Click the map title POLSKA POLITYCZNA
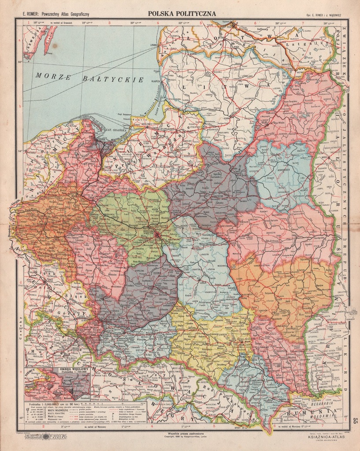pos(182,14)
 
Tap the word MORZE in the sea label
pos(54,76)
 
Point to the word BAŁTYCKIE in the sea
pos(114,79)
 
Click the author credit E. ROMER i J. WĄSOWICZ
pos(327,14)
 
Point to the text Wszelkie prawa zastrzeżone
pos(182,432)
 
